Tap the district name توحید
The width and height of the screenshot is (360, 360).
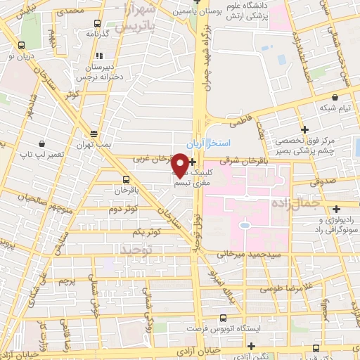point(137,250)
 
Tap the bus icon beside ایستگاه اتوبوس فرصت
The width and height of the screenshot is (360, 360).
point(223,317)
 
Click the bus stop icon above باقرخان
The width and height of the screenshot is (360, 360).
point(126,179)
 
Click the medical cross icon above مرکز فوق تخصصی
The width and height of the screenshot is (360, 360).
point(304,129)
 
